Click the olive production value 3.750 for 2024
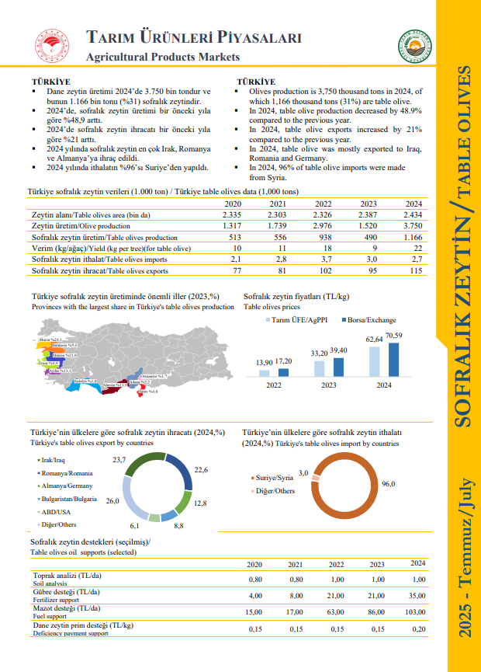[x=413, y=225]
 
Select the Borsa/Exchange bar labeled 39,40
[x=338, y=364]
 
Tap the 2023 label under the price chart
[x=328, y=385]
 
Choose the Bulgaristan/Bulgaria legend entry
[x=70, y=498]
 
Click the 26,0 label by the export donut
[x=112, y=501]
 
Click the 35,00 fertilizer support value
[x=417, y=595]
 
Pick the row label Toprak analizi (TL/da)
[x=66, y=576]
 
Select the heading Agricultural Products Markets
[x=162, y=57]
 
